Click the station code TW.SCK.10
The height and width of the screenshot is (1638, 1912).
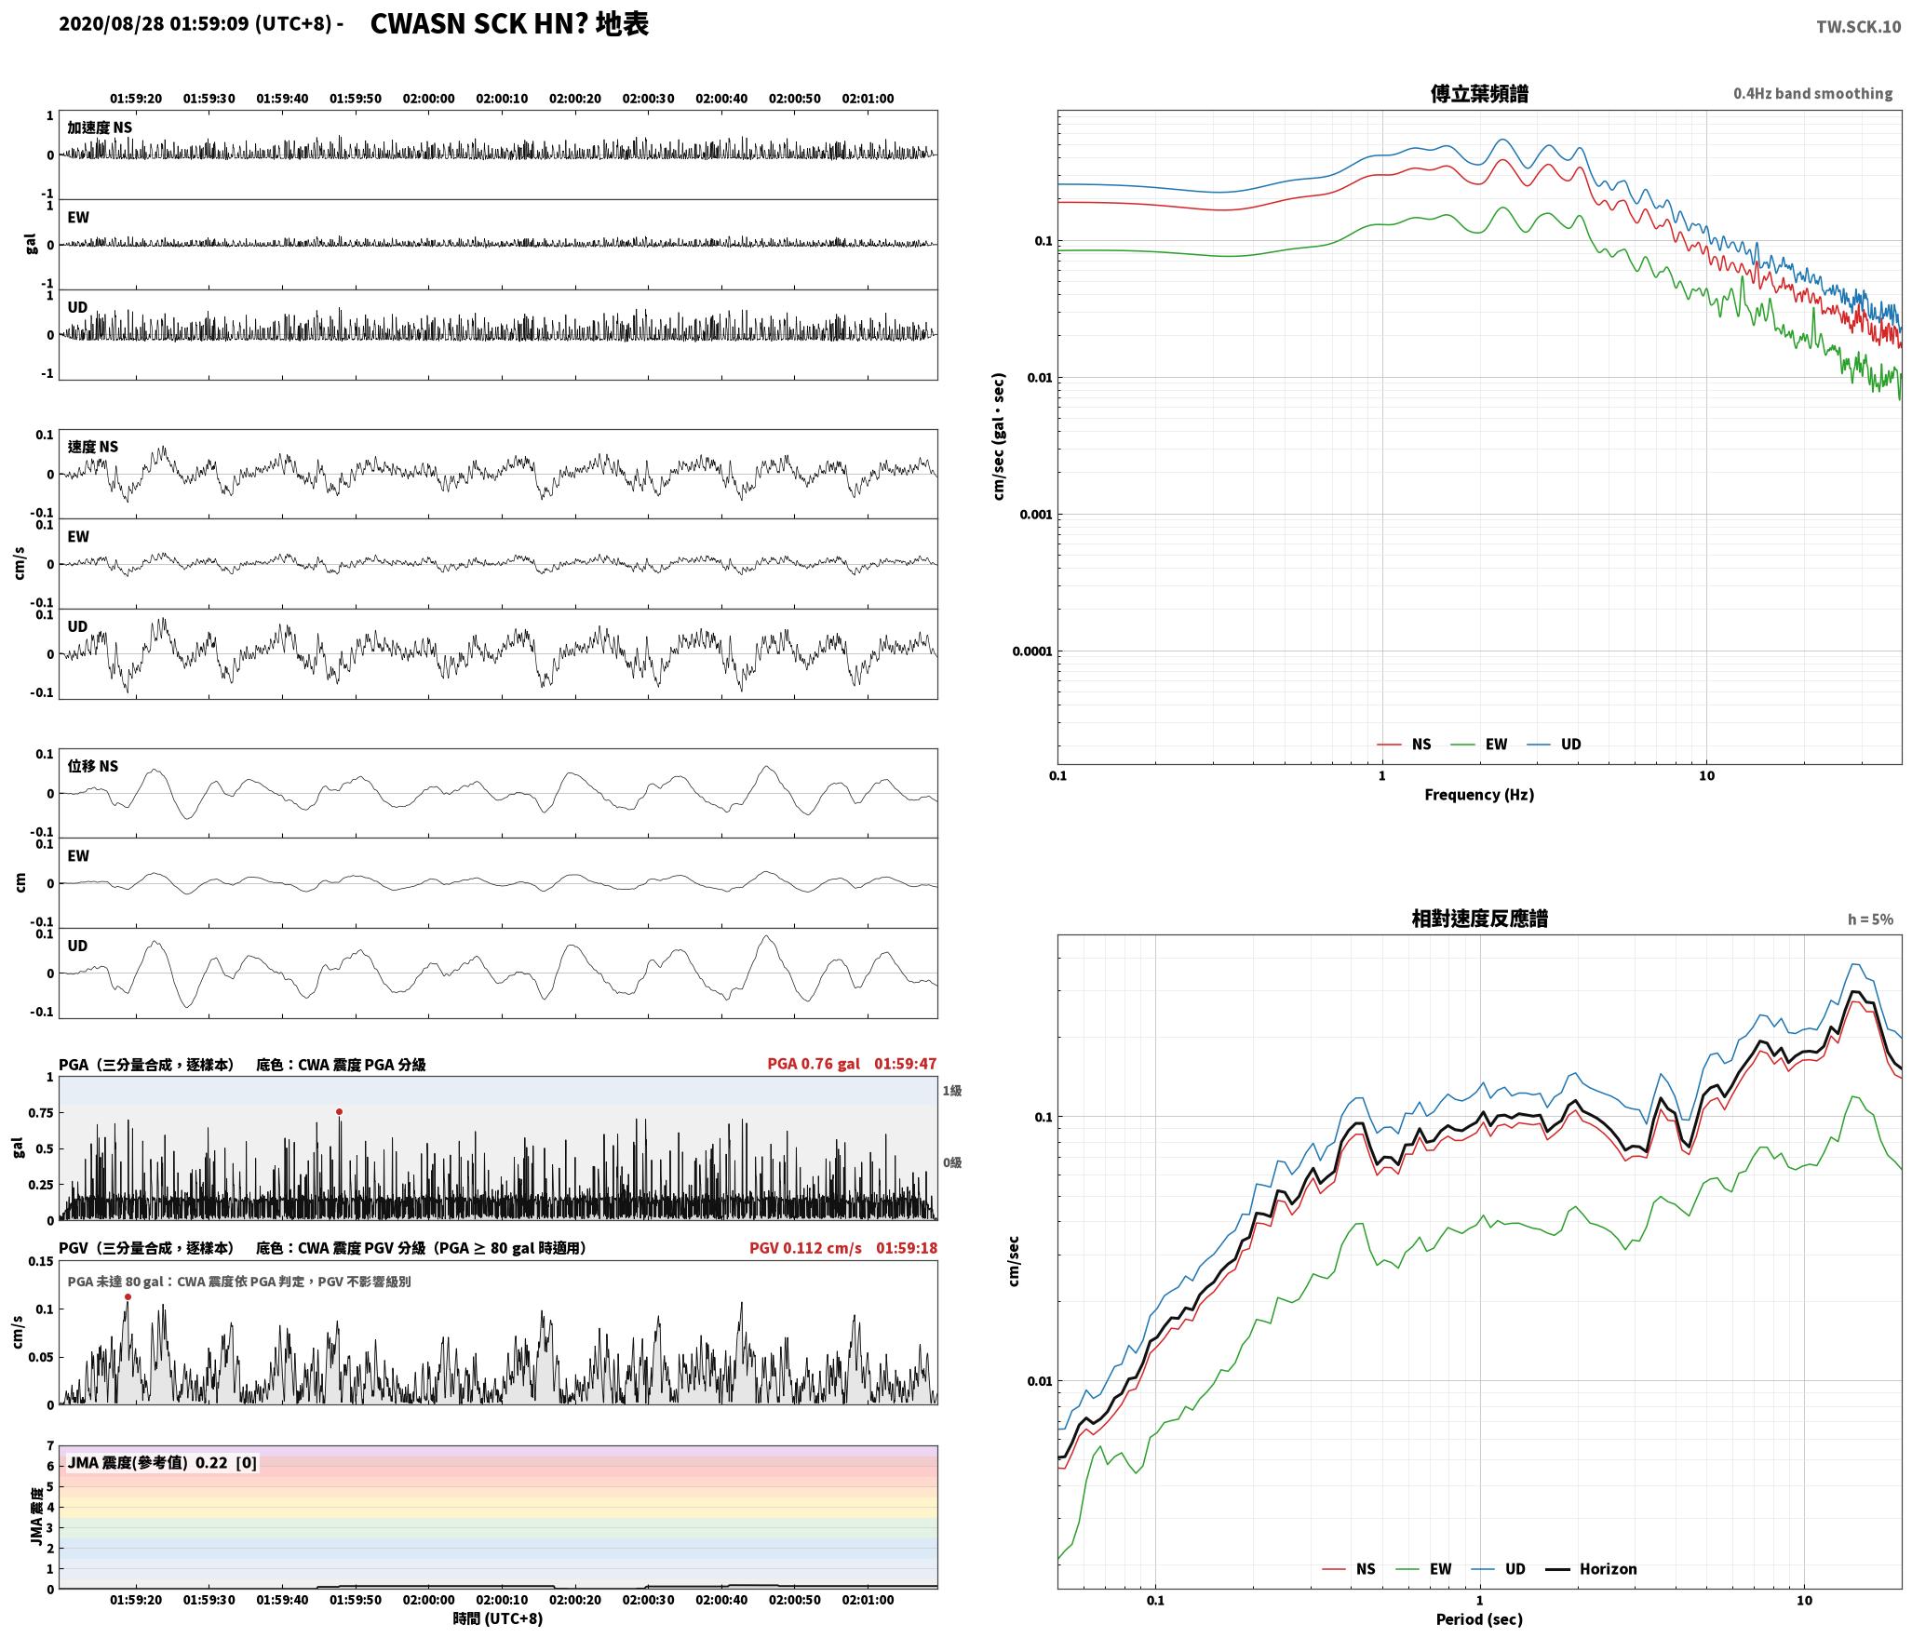(x=1858, y=27)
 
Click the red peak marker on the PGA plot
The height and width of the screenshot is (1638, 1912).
(x=339, y=1111)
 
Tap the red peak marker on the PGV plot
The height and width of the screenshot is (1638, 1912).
(x=128, y=1296)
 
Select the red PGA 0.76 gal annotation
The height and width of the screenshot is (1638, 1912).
(x=814, y=1064)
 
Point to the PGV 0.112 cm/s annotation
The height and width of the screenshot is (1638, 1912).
(x=805, y=1247)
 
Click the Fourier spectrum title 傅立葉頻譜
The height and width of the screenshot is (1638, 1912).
(x=1479, y=93)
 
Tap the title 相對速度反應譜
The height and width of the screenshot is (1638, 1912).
(x=1479, y=919)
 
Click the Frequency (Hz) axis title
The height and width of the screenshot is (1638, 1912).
(x=1479, y=794)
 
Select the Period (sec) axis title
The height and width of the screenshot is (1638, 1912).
(x=1479, y=1618)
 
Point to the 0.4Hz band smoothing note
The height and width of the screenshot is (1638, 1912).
(x=1812, y=93)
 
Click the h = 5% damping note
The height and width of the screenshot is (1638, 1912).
(x=1870, y=919)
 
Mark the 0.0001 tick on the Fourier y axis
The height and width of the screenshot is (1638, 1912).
(x=1032, y=651)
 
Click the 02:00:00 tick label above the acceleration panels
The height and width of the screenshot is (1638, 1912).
(x=428, y=98)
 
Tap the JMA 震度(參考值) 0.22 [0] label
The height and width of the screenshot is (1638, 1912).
(x=162, y=1462)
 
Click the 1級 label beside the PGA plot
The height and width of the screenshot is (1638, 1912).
(x=951, y=1090)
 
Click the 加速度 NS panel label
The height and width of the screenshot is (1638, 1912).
(x=100, y=128)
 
